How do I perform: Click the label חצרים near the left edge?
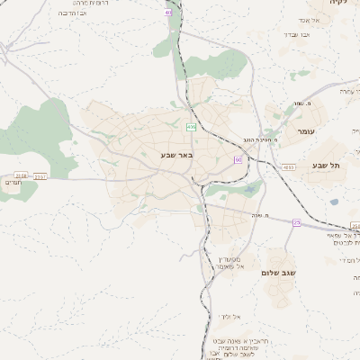(x=13, y=183)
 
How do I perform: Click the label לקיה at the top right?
(x=337, y=4)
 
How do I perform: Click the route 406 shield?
(x=191, y=128)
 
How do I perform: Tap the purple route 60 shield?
(x=238, y=159)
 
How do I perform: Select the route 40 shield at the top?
(x=169, y=13)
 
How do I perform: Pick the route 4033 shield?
(x=288, y=166)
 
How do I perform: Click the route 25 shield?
(x=296, y=222)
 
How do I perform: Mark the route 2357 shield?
(x=40, y=176)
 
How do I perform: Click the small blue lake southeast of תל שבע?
(x=335, y=202)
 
